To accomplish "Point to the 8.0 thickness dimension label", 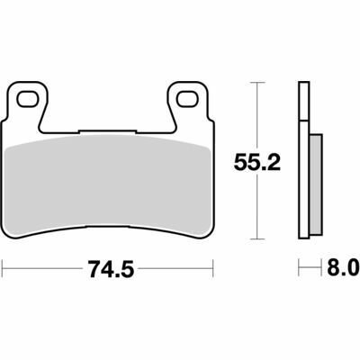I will [x=342, y=268].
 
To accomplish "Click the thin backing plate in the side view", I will [x=303, y=162].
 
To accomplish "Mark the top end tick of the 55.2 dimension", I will [x=259, y=82].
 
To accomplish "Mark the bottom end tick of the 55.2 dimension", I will [x=259, y=239].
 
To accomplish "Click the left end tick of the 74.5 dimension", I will [x=4, y=267].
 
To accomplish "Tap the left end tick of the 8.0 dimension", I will [x=299, y=267].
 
